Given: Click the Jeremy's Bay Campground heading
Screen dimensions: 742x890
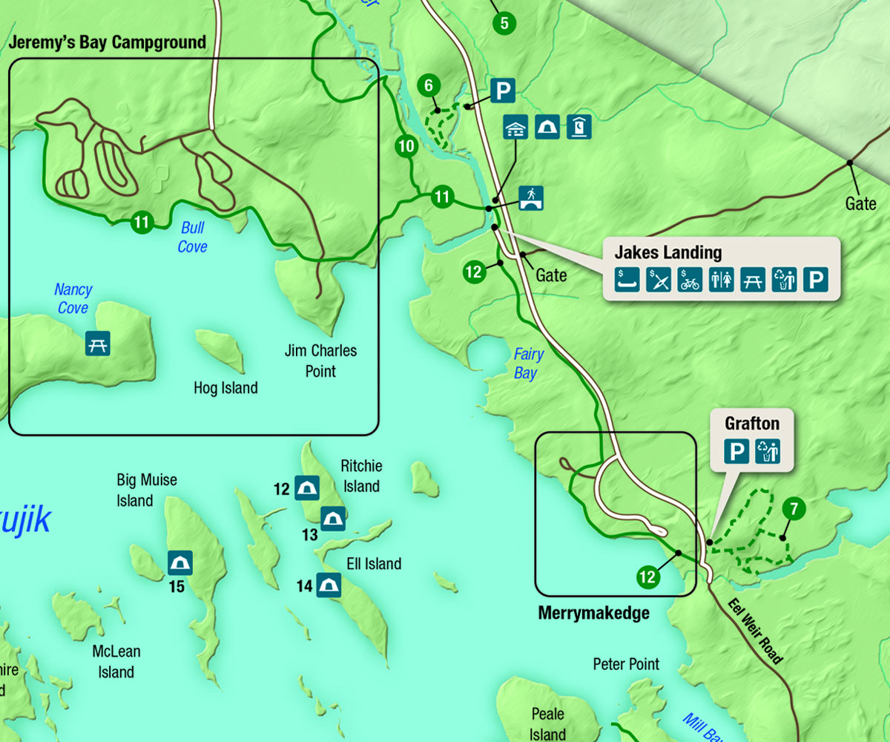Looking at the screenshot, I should (107, 42).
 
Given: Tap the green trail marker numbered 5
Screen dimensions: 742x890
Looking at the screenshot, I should (504, 23).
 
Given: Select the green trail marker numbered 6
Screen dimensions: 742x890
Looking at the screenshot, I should (428, 85).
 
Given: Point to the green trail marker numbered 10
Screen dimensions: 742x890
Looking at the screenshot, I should (406, 146).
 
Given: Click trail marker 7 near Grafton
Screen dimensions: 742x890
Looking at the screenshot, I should (794, 509).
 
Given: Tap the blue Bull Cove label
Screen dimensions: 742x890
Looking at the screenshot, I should (192, 237).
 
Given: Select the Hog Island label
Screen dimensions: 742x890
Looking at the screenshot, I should (225, 387).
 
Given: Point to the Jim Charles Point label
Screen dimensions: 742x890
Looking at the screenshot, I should (320, 360).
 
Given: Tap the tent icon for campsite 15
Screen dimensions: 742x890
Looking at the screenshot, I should (179, 563).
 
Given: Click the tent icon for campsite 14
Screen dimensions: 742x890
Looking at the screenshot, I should (329, 585).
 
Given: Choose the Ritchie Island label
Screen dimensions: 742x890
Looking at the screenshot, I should (361, 476).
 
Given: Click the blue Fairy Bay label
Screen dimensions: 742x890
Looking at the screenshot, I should (528, 364).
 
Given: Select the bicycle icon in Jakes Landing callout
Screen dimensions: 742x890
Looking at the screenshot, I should (690, 279).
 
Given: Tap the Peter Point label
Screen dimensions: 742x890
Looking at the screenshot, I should (626, 663).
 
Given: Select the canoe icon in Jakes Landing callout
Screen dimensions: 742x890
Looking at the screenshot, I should (627, 279).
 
